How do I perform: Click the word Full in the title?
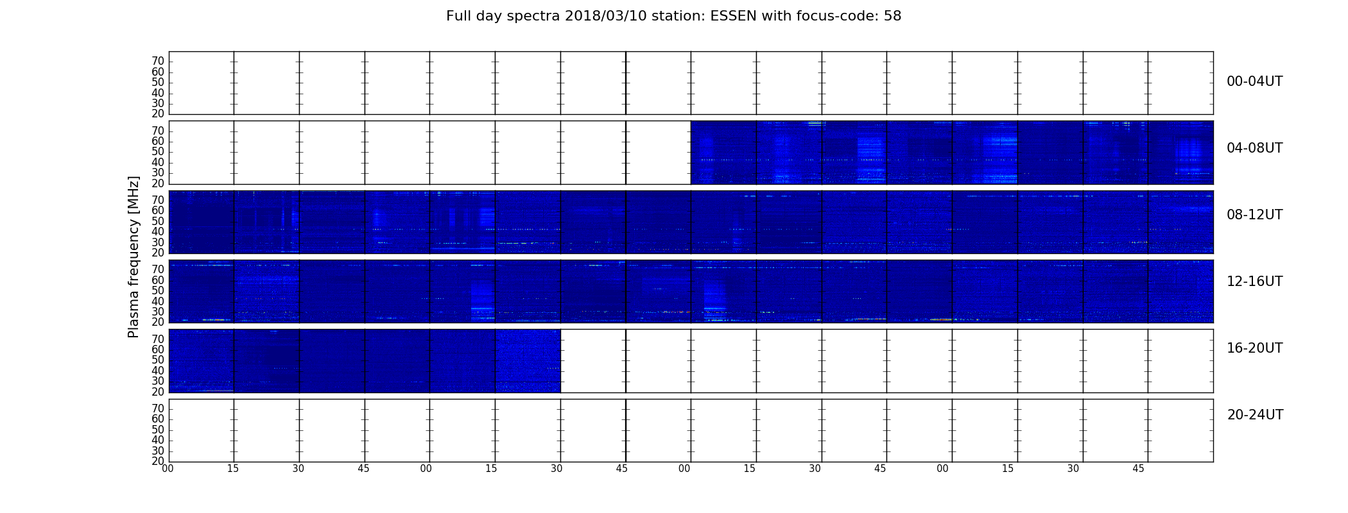[x=458, y=16]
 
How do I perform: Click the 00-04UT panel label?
[x=1255, y=81]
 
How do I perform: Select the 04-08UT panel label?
[x=1255, y=148]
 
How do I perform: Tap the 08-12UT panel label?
[x=1255, y=215]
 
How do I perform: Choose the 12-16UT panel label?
[x=1255, y=282]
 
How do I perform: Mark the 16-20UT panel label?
[x=1255, y=348]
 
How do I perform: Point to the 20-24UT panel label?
[x=1255, y=415]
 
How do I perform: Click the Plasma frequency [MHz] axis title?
[x=134, y=256]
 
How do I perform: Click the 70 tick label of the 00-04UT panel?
[x=158, y=61]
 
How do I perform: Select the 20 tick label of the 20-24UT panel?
[x=158, y=461]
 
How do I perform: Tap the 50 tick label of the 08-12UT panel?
[x=158, y=221]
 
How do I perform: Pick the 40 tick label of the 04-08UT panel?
[x=158, y=162]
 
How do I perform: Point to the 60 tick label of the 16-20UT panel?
[x=158, y=349]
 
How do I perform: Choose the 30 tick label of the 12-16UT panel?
[x=158, y=312]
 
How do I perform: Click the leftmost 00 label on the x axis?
[x=168, y=469]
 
